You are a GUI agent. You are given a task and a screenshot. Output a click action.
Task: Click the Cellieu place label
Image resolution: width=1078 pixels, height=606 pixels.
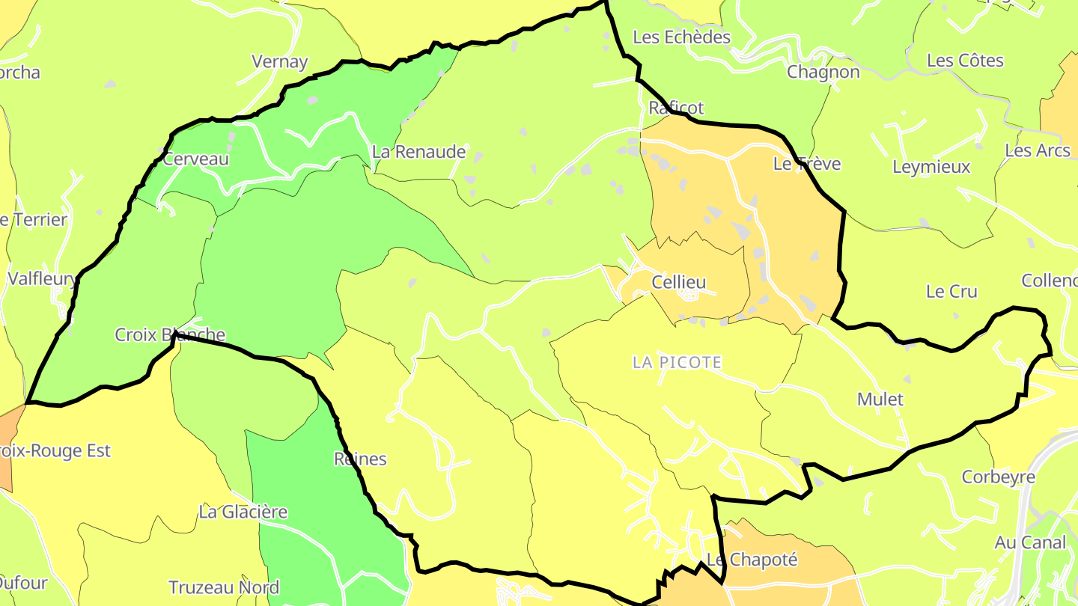click(x=678, y=282)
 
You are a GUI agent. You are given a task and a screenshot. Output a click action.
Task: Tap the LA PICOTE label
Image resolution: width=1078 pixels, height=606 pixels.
click(x=677, y=362)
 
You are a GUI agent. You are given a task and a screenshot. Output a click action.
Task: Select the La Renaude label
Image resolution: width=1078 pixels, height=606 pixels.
click(x=418, y=152)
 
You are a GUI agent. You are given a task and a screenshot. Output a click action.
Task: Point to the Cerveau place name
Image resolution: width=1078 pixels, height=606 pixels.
click(x=195, y=159)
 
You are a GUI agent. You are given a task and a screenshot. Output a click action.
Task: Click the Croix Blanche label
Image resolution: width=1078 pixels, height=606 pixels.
click(x=170, y=334)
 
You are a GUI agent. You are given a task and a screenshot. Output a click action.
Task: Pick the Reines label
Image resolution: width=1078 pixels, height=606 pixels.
click(x=360, y=459)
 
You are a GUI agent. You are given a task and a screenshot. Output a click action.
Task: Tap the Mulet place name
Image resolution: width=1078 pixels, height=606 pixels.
click(x=880, y=399)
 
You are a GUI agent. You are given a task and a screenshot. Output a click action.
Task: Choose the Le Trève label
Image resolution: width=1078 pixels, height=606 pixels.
click(x=807, y=164)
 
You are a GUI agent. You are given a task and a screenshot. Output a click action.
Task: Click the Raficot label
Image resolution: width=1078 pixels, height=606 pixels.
click(x=676, y=108)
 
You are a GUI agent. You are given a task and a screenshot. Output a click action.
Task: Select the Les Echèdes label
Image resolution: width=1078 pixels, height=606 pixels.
click(x=681, y=37)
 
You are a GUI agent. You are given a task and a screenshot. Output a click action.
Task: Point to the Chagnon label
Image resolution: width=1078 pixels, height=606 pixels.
click(x=823, y=72)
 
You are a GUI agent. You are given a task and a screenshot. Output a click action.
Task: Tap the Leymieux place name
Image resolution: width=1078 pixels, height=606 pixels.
click(x=931, y=167)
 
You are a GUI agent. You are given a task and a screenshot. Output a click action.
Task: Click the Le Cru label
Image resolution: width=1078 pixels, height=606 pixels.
click(x=951, y=291)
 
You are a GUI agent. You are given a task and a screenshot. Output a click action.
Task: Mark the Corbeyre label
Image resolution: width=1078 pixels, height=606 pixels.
click(x=999, y=477)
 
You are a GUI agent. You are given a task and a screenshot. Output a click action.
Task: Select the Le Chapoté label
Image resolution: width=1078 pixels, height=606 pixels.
click(x=752, y=560)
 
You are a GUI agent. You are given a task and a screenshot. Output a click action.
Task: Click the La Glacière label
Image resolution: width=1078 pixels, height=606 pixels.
click(x=243, y=512)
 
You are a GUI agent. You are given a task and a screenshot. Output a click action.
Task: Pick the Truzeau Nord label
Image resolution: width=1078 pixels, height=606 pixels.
click(x=224, y=587)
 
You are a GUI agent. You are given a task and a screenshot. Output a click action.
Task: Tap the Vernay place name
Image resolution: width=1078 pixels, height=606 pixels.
click(x=280, y=61)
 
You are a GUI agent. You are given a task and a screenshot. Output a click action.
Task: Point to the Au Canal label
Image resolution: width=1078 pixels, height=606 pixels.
click(x=1030, y=542)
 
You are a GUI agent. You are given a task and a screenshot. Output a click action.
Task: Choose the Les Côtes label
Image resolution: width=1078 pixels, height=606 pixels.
click(x=965, y=61)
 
